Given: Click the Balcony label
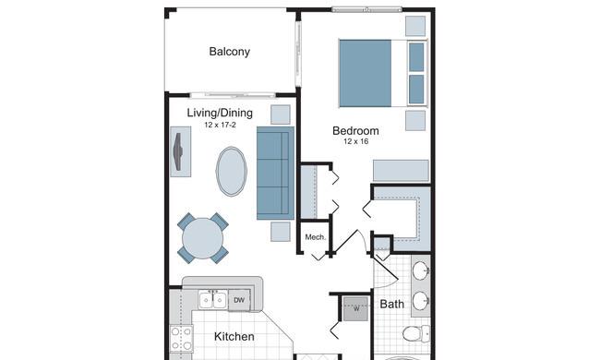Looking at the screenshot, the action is point(230,52).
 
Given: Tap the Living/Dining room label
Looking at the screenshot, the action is point(220,113).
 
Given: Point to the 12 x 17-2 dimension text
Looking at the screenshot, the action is point(220,125).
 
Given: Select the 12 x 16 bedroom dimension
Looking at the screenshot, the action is point(356,141).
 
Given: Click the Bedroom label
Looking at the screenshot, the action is point(355,131).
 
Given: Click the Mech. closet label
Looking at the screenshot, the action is point(316,237).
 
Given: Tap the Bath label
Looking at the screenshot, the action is point(391,304).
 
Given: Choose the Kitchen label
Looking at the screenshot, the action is point(234,337).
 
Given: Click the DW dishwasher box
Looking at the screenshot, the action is point(239,300).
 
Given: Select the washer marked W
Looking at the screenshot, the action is point(356,308).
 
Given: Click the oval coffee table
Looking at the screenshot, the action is point(231,172).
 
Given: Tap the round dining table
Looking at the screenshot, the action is point(202,238).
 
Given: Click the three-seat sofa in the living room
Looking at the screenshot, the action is point(275,173).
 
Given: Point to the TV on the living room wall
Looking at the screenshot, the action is point(179,151).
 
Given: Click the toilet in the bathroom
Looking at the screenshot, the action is point(416,333).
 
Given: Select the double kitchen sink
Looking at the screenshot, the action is point(212,300).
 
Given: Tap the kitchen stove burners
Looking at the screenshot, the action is point(181,339).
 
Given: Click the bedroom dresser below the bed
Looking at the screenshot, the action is point(401,170).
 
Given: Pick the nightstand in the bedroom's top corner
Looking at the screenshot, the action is point(415,26).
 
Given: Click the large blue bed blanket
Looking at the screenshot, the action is point(365,73).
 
